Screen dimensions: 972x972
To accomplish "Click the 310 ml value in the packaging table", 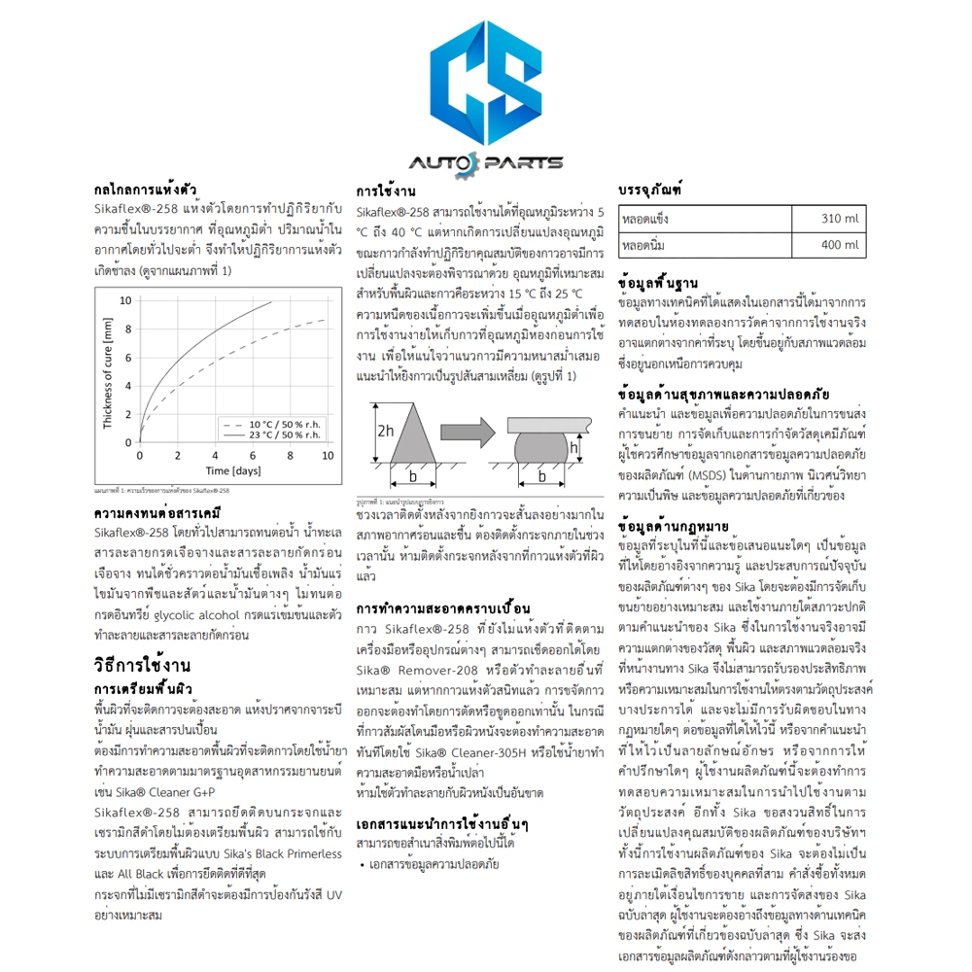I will (x=841, y=219).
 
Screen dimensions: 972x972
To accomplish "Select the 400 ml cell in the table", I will (x=841, y=245).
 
